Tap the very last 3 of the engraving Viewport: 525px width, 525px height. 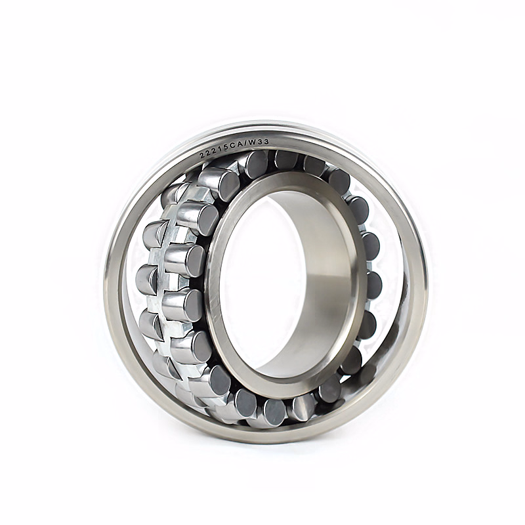click(x=266, y=142)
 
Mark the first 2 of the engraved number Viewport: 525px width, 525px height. click(x=202, y=156)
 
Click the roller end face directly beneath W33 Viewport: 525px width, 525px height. click(x=257, y=165)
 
